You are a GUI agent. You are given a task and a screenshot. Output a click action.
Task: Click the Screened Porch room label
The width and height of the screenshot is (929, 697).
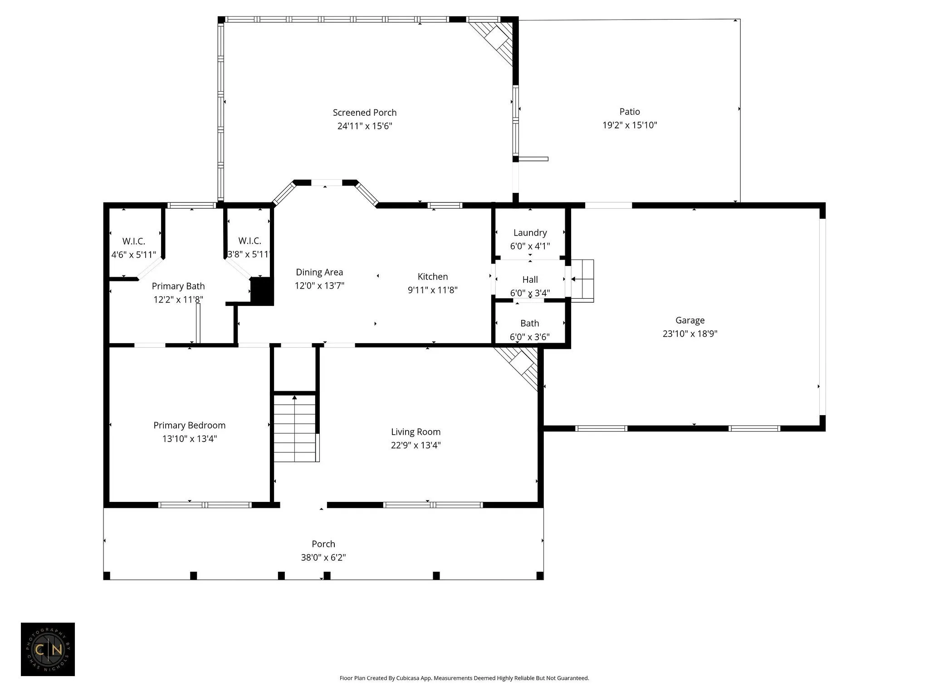pos(365,113)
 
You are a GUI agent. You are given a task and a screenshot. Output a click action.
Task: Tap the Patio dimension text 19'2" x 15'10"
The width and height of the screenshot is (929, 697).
pos(630,125)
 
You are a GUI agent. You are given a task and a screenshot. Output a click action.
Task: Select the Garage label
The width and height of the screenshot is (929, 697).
pos(690,320)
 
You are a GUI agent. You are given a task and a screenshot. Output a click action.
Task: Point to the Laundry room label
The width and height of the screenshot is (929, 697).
pos(530,233)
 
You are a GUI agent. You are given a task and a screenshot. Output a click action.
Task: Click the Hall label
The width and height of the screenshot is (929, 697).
pos(530,280)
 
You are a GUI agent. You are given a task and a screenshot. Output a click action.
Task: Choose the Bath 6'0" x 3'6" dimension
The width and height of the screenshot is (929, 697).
pos(530,337)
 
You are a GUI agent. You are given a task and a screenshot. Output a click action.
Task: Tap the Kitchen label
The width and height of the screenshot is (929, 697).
pos(433,276)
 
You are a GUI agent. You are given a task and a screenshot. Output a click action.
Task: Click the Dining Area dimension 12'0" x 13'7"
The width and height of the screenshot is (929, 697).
pos(319,285)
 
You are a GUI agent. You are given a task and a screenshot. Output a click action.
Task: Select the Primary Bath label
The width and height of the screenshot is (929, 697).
pos(178,286)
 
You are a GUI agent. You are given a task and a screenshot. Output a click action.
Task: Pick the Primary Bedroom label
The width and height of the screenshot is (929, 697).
pos(189,425)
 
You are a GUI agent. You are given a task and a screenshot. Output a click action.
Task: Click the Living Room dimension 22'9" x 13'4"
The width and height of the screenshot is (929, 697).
pos(416,445)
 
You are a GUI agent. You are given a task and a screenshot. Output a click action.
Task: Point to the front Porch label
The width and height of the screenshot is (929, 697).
pos(323,544)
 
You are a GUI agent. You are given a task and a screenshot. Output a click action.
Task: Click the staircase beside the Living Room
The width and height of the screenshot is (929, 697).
pos(295,428)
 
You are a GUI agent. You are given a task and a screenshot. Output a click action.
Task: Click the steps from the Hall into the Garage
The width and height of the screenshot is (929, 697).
pos(582,281)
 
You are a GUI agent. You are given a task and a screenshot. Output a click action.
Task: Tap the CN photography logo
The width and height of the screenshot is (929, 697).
pos(48,649)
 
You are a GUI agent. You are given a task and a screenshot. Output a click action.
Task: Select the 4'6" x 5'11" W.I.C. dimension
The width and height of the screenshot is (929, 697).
pos(134,255)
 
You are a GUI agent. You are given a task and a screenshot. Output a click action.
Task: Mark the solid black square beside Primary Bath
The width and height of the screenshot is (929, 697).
pos(262,290)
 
